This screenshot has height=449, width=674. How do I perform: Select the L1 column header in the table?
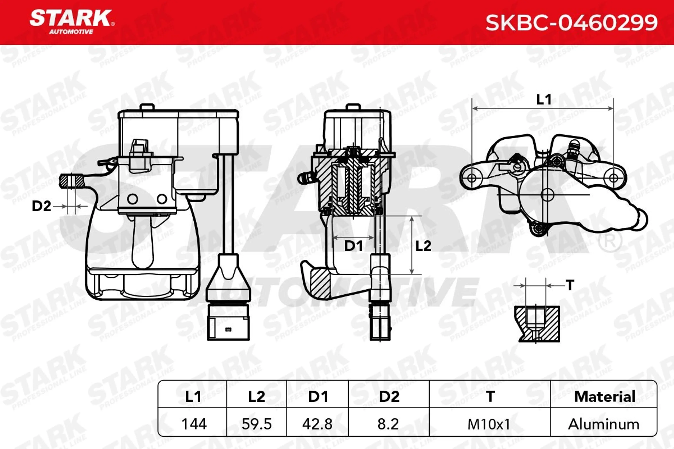pos(193,397)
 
